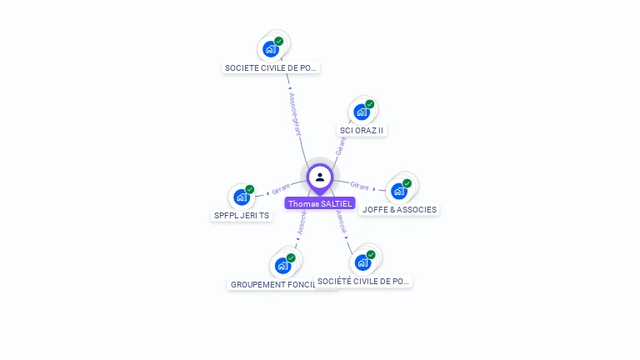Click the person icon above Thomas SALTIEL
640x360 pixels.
[x=320, y=177]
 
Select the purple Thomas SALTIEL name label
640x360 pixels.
[x=320, y=203]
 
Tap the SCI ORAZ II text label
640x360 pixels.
[x=362, y=130]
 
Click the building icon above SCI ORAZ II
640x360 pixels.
[x=361, y=112]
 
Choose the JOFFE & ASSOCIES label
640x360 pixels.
[x=399, y=209]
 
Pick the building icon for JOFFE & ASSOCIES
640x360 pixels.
[x=398, y=191]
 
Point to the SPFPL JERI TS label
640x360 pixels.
[x=242, y=215]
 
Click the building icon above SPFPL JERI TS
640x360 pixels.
[x=241, y=197]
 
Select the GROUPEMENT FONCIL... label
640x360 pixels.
[x=272, y=284]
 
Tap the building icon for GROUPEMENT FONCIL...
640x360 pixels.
[x=282, y=266]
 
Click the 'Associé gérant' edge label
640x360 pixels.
[x=294, y=114]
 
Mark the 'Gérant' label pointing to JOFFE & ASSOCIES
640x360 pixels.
[x=359, y=186]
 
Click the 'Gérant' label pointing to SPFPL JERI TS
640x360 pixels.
[x=281, y=190]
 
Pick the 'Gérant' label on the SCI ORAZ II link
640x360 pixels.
[x=340, y=147]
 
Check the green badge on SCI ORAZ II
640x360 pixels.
[x=369, y=104]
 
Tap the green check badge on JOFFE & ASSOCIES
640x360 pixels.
[x=407, y=183]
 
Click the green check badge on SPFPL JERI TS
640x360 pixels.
[x=249, y=189]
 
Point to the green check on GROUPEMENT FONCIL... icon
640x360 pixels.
[x=291, y=258]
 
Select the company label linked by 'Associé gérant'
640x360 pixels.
[x=272, y=67]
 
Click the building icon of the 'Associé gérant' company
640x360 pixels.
[x=270, y=48]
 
